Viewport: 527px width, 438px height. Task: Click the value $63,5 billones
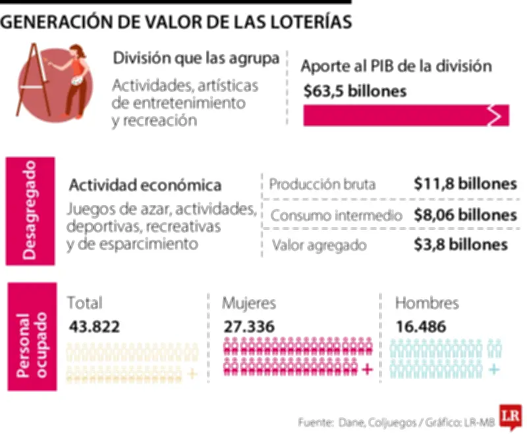(x=355, y=91)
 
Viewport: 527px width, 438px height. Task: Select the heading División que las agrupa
(x=196, y=59)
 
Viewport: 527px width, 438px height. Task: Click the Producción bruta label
(x=322, y=185)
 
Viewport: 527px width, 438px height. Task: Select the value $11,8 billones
(x=465, y=184)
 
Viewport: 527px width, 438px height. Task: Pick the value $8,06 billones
(x=465, y=214)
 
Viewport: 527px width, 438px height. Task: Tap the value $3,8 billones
(x=461, y=245)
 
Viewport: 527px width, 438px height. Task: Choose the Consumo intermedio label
(x=336, y=215)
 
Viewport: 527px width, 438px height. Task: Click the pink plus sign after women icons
(x=368, y=370)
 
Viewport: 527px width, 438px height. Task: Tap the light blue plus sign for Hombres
(x=493, y=370)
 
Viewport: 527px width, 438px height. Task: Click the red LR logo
(x=510, y=416)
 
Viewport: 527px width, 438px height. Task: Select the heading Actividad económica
(x=145, y=186)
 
